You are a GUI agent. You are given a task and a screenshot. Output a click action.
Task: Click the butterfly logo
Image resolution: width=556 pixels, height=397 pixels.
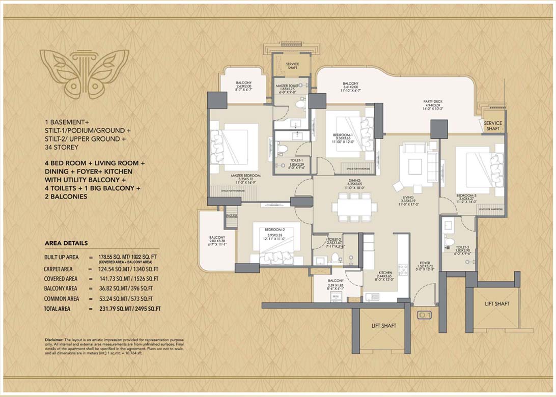coord(84,73)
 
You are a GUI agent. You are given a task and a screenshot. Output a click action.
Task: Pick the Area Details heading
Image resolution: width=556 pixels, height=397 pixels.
coord(66,243)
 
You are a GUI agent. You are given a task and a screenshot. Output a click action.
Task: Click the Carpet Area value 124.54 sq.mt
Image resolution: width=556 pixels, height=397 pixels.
coord(107,269)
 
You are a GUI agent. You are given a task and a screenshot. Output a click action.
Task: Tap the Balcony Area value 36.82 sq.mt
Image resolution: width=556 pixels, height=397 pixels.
coord(107,289)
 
